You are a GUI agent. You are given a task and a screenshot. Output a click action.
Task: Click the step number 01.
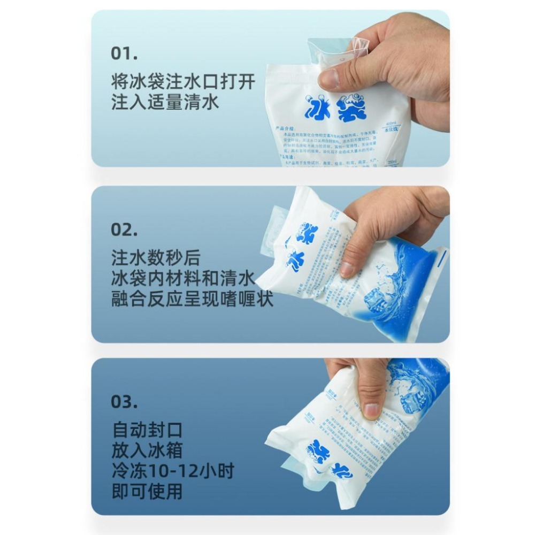(124, 53)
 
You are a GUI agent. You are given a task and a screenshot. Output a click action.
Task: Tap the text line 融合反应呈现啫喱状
(192, 299)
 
